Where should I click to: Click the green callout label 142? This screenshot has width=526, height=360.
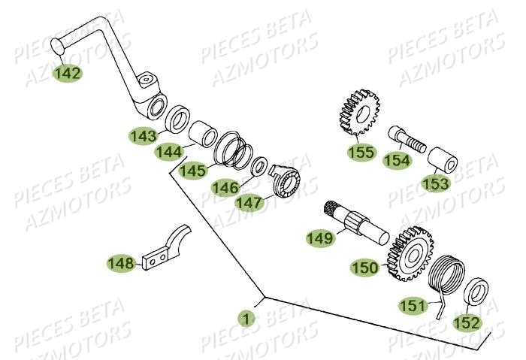click(68, 74)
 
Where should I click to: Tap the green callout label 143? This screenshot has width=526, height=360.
click(142, 135)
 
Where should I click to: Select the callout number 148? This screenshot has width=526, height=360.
click(120, 264)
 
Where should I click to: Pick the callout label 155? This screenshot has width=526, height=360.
click(361, 153)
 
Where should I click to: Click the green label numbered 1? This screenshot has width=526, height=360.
click(244, 319)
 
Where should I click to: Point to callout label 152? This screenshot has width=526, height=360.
click(468, 322)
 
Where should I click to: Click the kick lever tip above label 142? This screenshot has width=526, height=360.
click(56, 49)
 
